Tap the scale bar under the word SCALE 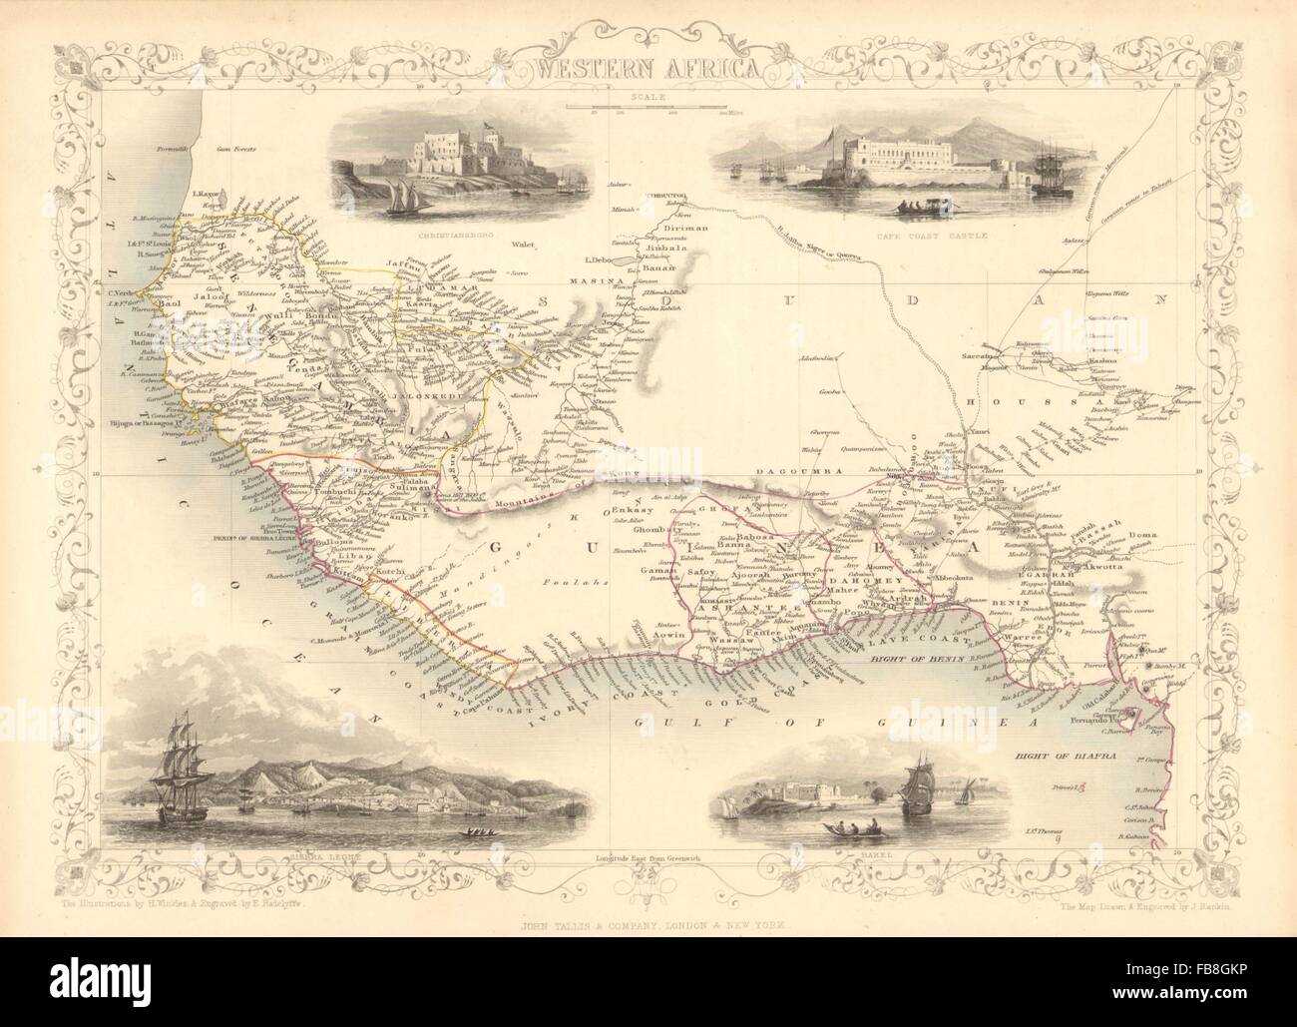pyautogui.click(x=648, y=106)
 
